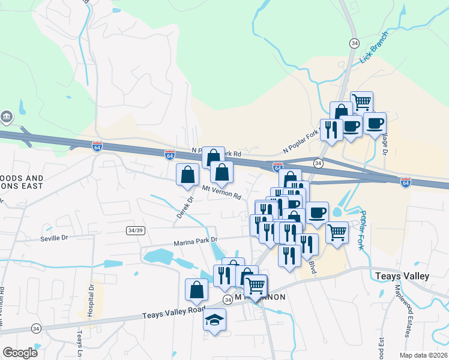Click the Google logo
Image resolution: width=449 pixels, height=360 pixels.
(20, 353)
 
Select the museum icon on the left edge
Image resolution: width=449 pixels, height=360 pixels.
(7, 116)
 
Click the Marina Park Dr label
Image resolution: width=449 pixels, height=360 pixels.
(194, 243)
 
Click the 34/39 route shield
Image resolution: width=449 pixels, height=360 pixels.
(136, 230)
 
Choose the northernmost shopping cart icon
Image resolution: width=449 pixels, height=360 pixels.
(362, 103)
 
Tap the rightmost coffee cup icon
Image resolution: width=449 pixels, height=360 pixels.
(375, 124)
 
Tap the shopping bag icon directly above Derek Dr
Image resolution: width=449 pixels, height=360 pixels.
(188, 175)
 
